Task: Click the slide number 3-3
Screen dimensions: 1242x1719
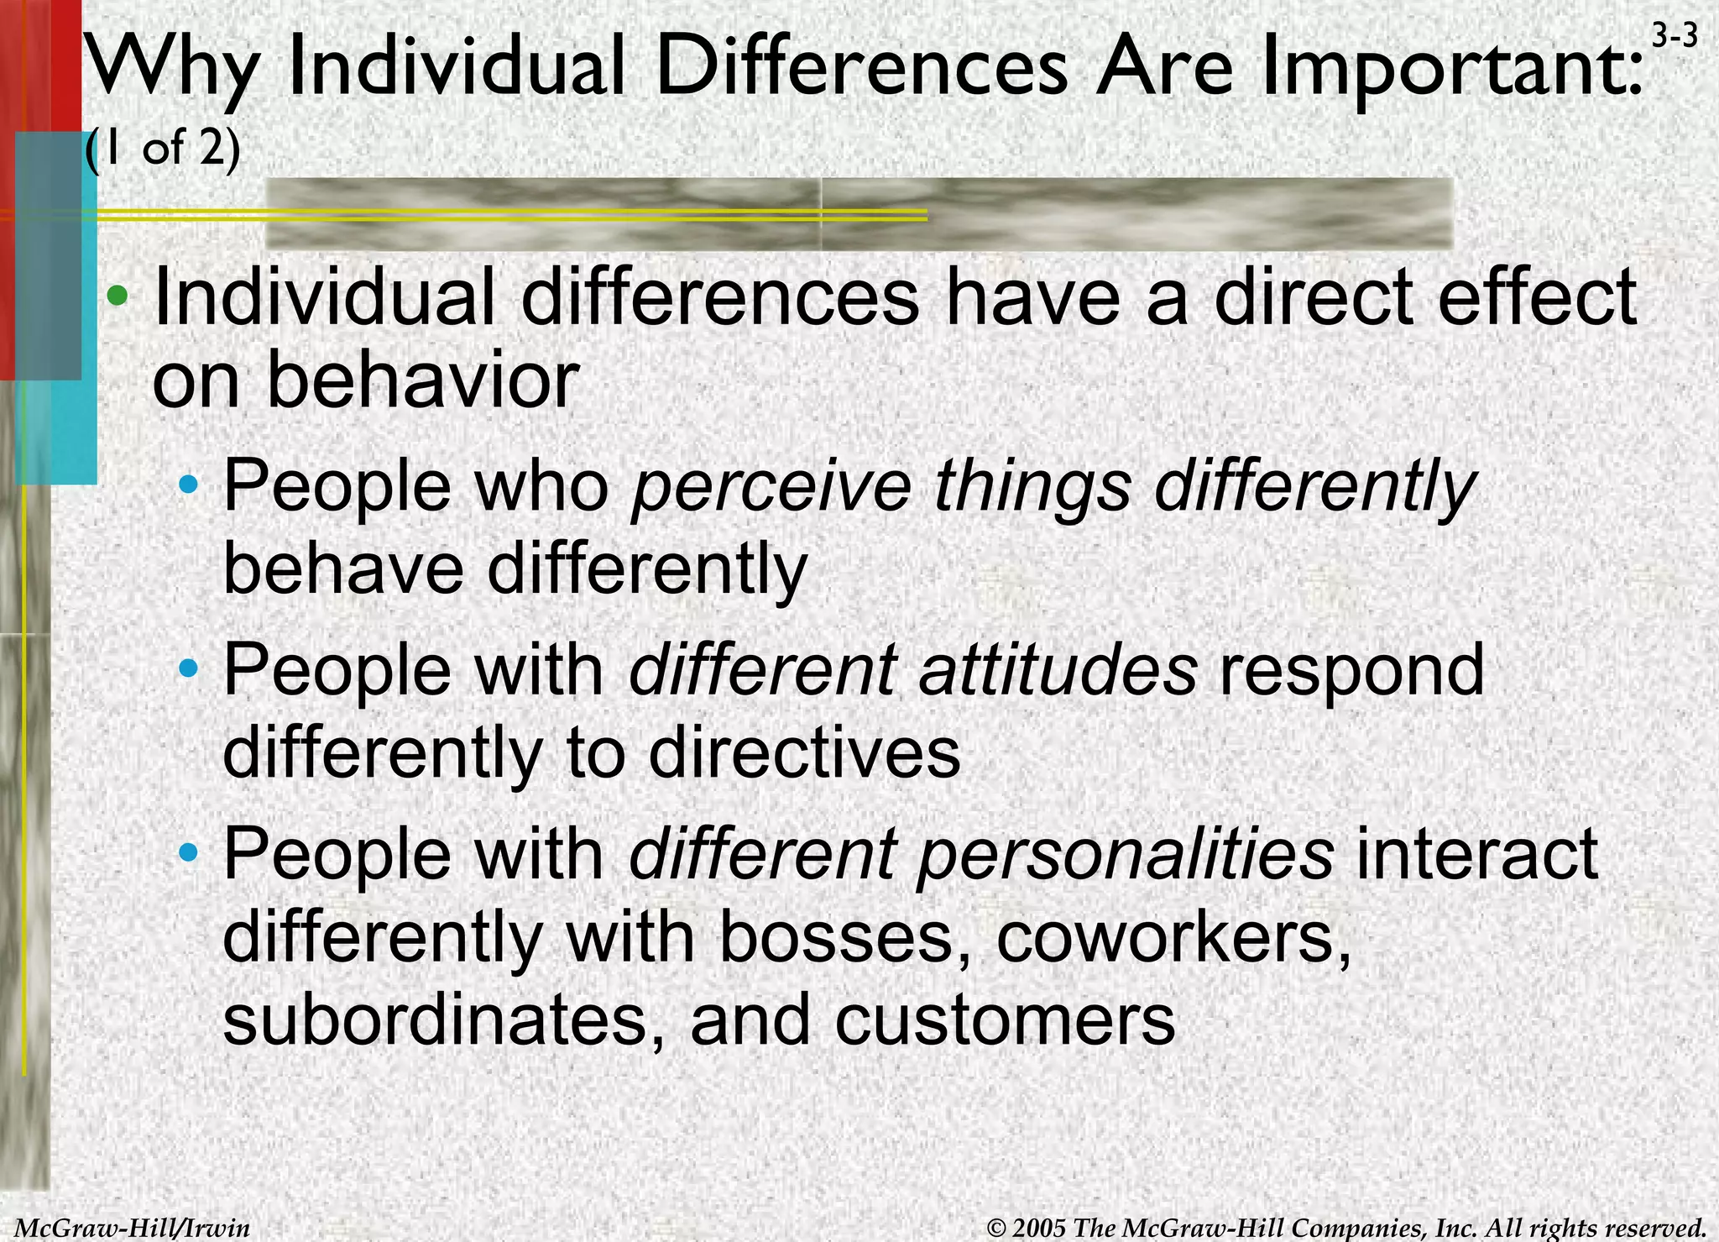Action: [1675, 36]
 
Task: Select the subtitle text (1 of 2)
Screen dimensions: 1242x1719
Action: [163, 149]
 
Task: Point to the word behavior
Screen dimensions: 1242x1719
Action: [422, 380]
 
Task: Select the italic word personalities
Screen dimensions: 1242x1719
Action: [1125, 854]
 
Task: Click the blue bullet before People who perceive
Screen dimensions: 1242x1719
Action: [190, 485]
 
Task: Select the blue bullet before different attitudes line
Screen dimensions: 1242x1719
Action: [190, 669]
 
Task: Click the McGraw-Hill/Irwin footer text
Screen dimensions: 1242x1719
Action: [133, 1228]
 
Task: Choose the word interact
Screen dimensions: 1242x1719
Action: [1477, 854]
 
